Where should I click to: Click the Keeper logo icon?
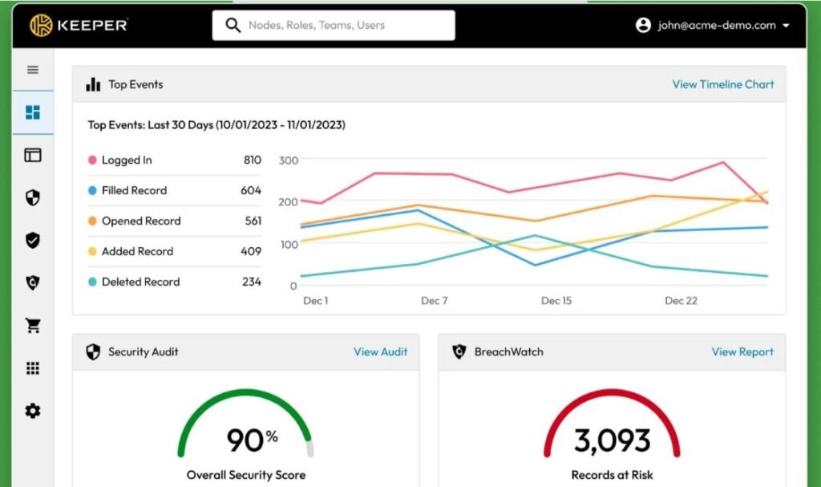[x=41, y=25]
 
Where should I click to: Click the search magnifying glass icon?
[x=233, y=25]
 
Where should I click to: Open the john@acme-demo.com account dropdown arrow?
[x=786, y=25]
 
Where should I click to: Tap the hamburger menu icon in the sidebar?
[x=33, y=70]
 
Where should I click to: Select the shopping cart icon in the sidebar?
[x=33, y=326]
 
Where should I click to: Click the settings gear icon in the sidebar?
[x=33, y=411]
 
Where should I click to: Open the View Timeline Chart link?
[x=723, y=84]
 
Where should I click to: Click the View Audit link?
[x=381, y=351]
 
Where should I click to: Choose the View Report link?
[x=742, y=351]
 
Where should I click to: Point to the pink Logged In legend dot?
[x=93, y=160]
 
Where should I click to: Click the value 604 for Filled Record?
[x=251, y=190]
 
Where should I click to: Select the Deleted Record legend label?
[x=141, y=282]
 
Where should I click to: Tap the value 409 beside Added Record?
[x=251, y=251]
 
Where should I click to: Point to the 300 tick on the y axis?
[x=289, y=160]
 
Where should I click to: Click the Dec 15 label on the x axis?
[x=556, y=301]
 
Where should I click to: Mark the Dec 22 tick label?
[x=681, y=301]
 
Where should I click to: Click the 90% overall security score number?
[x=252, y=440]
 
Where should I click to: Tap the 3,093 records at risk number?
[x=612, y=440]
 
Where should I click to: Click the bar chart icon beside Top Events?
[x=93, y=84]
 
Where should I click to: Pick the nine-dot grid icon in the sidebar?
[x=33, y=368]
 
